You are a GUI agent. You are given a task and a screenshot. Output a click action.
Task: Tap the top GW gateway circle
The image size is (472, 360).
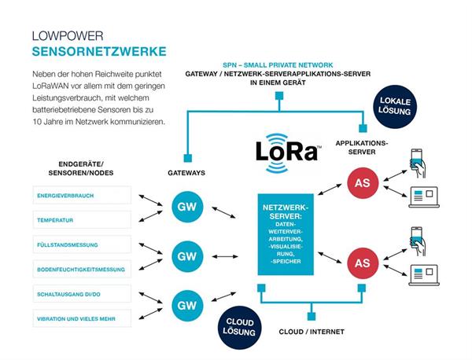[x=186, y=206]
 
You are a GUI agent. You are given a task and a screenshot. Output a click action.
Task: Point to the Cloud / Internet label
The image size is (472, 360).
[x=312, y=332]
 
